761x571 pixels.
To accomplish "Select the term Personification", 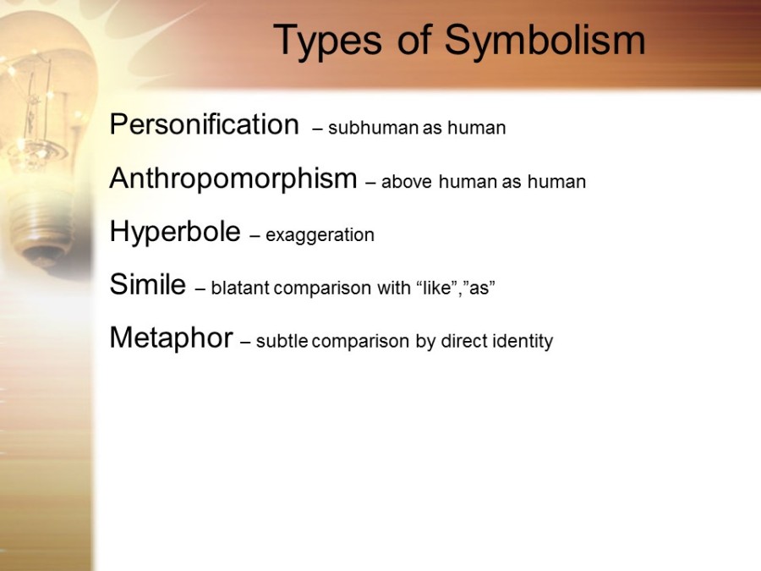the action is click(205, 124).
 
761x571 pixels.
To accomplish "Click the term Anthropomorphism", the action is click(233, 179).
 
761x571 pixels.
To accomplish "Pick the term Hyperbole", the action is click(175, 232).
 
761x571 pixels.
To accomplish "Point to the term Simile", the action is click(148, 284).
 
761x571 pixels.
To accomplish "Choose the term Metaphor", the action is click(172, 338).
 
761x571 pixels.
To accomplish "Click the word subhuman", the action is click(373, 128).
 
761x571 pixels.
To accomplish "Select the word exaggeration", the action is click(320, 235).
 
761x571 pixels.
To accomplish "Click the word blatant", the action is click(240, 288).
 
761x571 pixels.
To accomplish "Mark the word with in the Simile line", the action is click(393, 288).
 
